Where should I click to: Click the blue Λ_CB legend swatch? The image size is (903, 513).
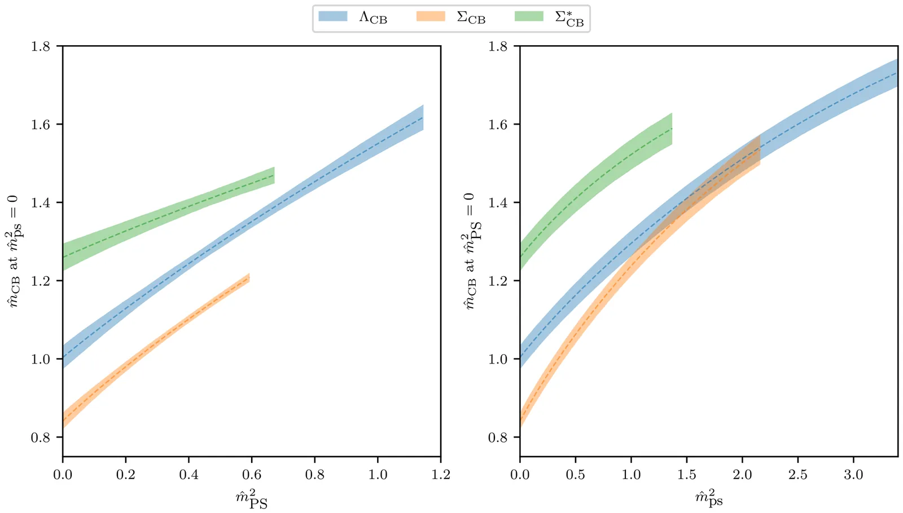click(332, 17)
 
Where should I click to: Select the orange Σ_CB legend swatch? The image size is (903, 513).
click(430, 17)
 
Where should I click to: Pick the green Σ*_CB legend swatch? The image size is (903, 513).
click(529, 17)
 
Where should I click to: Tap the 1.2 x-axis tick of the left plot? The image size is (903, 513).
click(441, 475)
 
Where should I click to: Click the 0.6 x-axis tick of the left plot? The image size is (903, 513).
click(252, 475)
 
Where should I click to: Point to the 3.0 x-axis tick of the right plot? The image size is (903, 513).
click(853, 475)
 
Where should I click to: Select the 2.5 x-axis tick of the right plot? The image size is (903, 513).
click(798, 475)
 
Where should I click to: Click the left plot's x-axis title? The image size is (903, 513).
click(252, 499)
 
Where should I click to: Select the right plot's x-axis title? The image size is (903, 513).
click(708, 498)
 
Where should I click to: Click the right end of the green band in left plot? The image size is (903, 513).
click(274, 175)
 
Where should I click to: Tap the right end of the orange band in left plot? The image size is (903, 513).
click(249, 278)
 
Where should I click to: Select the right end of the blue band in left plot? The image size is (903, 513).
click(423, 118)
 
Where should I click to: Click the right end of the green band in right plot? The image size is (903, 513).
click(672, 129)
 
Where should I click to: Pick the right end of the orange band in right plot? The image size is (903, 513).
click(760, 150)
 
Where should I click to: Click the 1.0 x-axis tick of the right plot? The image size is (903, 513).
click(631, 475)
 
